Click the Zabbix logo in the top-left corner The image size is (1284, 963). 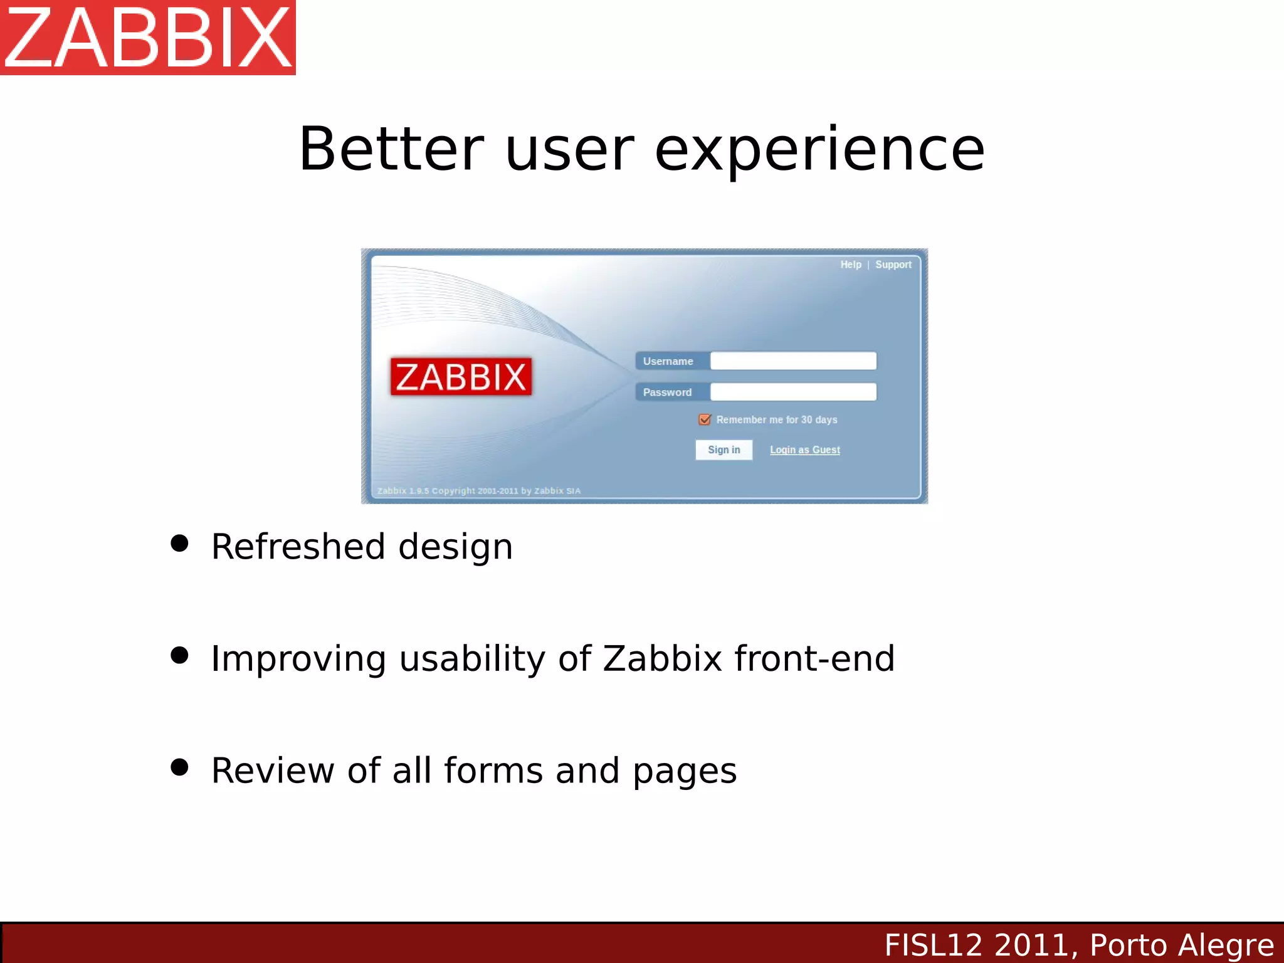click(x=148, y=38)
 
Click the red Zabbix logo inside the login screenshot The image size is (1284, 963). click(x=461, y=377)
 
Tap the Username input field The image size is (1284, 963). click(x=793, y=361)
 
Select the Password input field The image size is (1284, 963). click(x=793, y=392)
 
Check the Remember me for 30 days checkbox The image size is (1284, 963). click(x=705, y=419)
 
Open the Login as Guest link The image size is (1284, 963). click(x=805, y=450)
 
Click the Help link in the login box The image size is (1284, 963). click(x=851, y=265)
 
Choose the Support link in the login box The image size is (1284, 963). click(x=893, y=265)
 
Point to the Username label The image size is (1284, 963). click(x=668, y=361)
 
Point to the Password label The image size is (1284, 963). click(x=668, y=392)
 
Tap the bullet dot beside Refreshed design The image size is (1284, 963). click(x=179, y=544)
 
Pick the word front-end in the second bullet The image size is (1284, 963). click(x=815, y=658)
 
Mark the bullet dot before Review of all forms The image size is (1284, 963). click(x=179, y=767)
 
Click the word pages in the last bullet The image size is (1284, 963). click(x=685, y=771)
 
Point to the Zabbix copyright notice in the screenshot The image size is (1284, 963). click(x=479, y=491)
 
